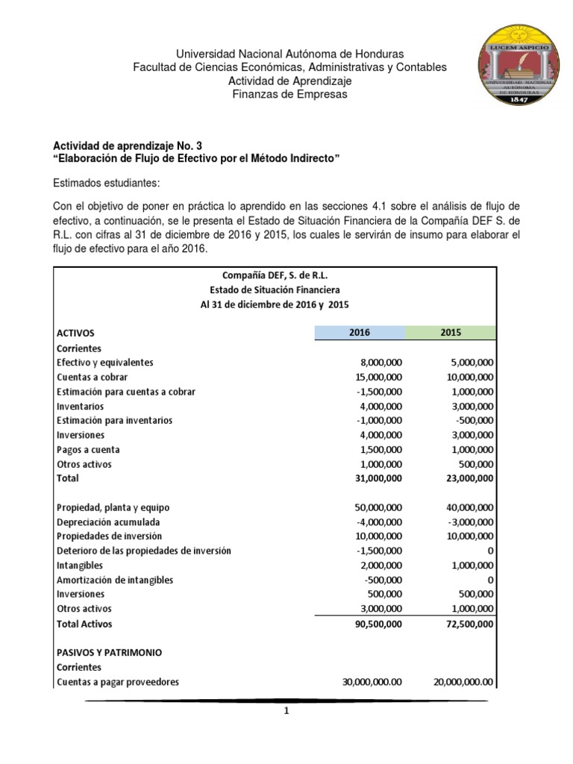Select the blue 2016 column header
click(359, 333)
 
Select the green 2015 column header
click(450, 333)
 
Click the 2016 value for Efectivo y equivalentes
click(380, 363)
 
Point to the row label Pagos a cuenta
click(88, 450)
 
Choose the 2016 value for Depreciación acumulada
click(381, 522)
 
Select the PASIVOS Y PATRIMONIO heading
click(109, 652)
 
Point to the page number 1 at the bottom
click(286, 712)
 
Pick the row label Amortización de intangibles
click(115, 580)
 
